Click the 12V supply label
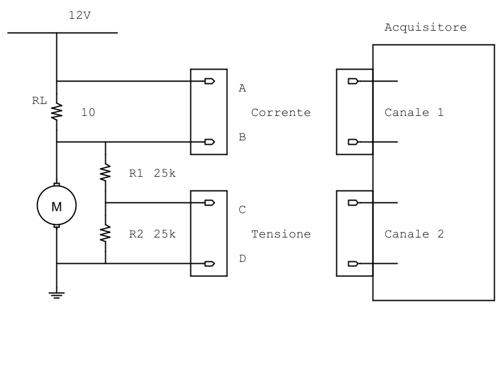click(x=80, y=15)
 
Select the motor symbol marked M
click(x=56, y=205)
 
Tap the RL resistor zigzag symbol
click(x=56, y=112)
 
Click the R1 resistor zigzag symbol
click(x=105, y=172)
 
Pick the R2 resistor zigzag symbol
click(x=105, y=233)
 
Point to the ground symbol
click(x=56, y=295)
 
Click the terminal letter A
click(x=242, y=89)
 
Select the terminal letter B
click(x=242, y=137)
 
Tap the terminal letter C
click(x=242, y=210)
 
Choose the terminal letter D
click(x=242, y=258)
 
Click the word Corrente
click(x=281, y=113)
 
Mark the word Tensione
click(x=281, y=234)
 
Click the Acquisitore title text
click(x=425, y=28)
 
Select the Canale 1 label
click(x=414, y=113)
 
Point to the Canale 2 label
click(x=414, y=234)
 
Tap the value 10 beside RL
click(x=88, y=113)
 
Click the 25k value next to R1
click(x=165, y=174)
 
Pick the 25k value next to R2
click(x=165, y=234)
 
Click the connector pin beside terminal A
click(x=210, y=81)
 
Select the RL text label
click(x=39, y=100)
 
